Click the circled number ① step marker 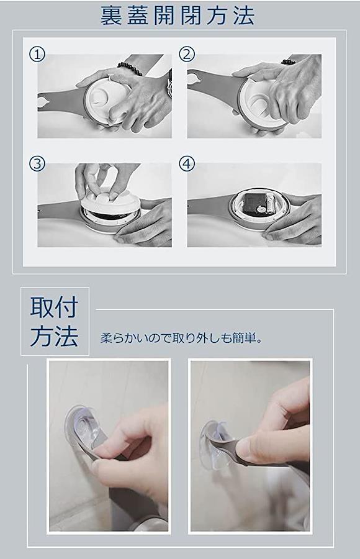(x=37, y=55)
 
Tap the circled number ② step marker (x=187, y=55)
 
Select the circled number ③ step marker (x=37, y=163)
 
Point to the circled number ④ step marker (x=187, y=163)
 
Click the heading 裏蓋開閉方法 (x=177, y=16)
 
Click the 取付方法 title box (x=55, y=321)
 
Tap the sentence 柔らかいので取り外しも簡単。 (x=181, y=338)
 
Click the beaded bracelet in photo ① (x=130, y=68)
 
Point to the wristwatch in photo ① (x=169, y=86)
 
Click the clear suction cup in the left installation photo (x=83, y=429)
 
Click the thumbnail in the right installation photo (x=246, y=448)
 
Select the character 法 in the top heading (x=244, y=16)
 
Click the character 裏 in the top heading (x=111, y=16)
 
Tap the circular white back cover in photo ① (x=102, y=97)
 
